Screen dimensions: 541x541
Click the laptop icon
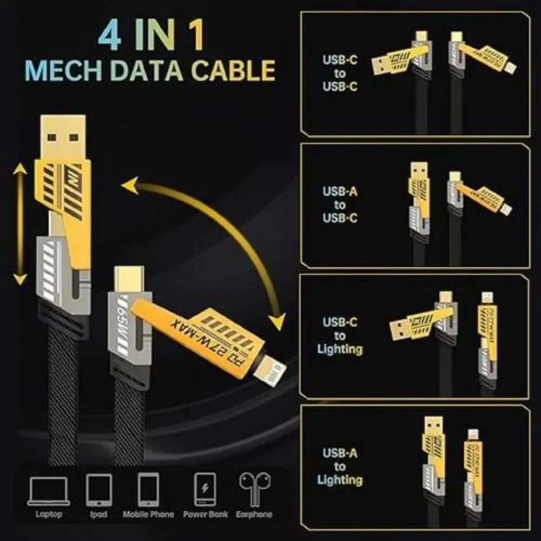coord(49,490)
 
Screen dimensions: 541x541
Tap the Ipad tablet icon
coord(98,490)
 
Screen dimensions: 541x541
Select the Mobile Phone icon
coord(148,490)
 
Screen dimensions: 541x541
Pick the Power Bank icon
coord(205,490)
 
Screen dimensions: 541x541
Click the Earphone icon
coord(253,489)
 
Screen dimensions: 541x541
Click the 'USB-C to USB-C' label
coord(340,73)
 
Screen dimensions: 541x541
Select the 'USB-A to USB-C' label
coord(340,204)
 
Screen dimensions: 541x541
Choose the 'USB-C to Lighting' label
coord(340,335)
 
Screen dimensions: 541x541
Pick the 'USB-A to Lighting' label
coord(340,466)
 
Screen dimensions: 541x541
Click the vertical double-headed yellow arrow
coord(21,225)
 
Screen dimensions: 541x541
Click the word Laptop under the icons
coord(49,514)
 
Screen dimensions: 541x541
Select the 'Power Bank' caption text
coord(205,514)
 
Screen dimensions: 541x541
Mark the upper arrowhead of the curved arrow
coord(130,187)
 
